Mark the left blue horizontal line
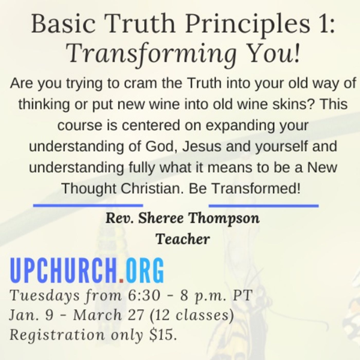tap(87, 205)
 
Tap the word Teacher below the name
tap(182, 239)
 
